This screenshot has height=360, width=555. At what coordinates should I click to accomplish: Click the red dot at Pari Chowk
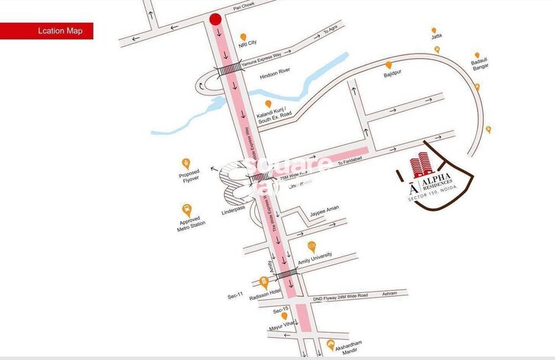[x=215, y=20]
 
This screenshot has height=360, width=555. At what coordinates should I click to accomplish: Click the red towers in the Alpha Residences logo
[x=419, y=163]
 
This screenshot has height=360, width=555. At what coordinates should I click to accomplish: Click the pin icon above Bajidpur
[x=388, y=65]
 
